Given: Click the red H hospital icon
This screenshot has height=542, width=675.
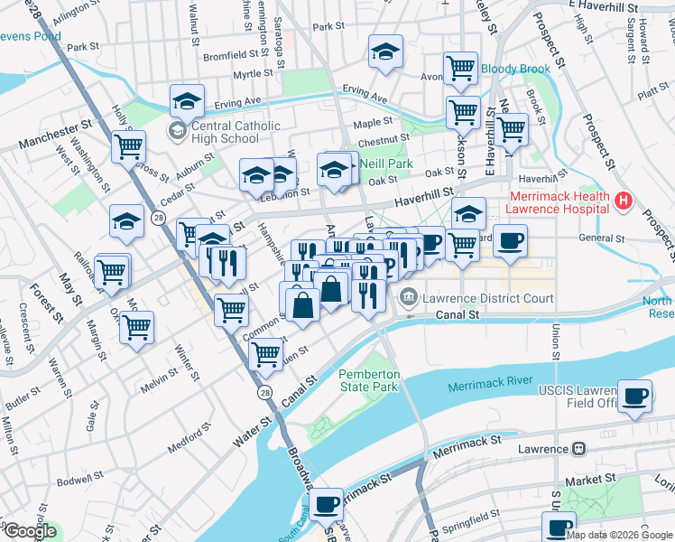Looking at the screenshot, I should click(x=622, y=200).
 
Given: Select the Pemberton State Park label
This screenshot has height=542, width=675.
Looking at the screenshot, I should click(x=368, y=380).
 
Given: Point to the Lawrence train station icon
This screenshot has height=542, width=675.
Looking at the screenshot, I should click(x=578, y=448).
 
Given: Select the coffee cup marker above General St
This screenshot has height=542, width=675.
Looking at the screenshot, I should click(x=510, y=240).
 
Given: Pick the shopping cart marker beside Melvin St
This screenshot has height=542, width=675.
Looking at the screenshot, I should click(x=136, y=327).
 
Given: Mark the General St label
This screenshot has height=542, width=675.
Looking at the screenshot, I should click(x=602, y=238).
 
